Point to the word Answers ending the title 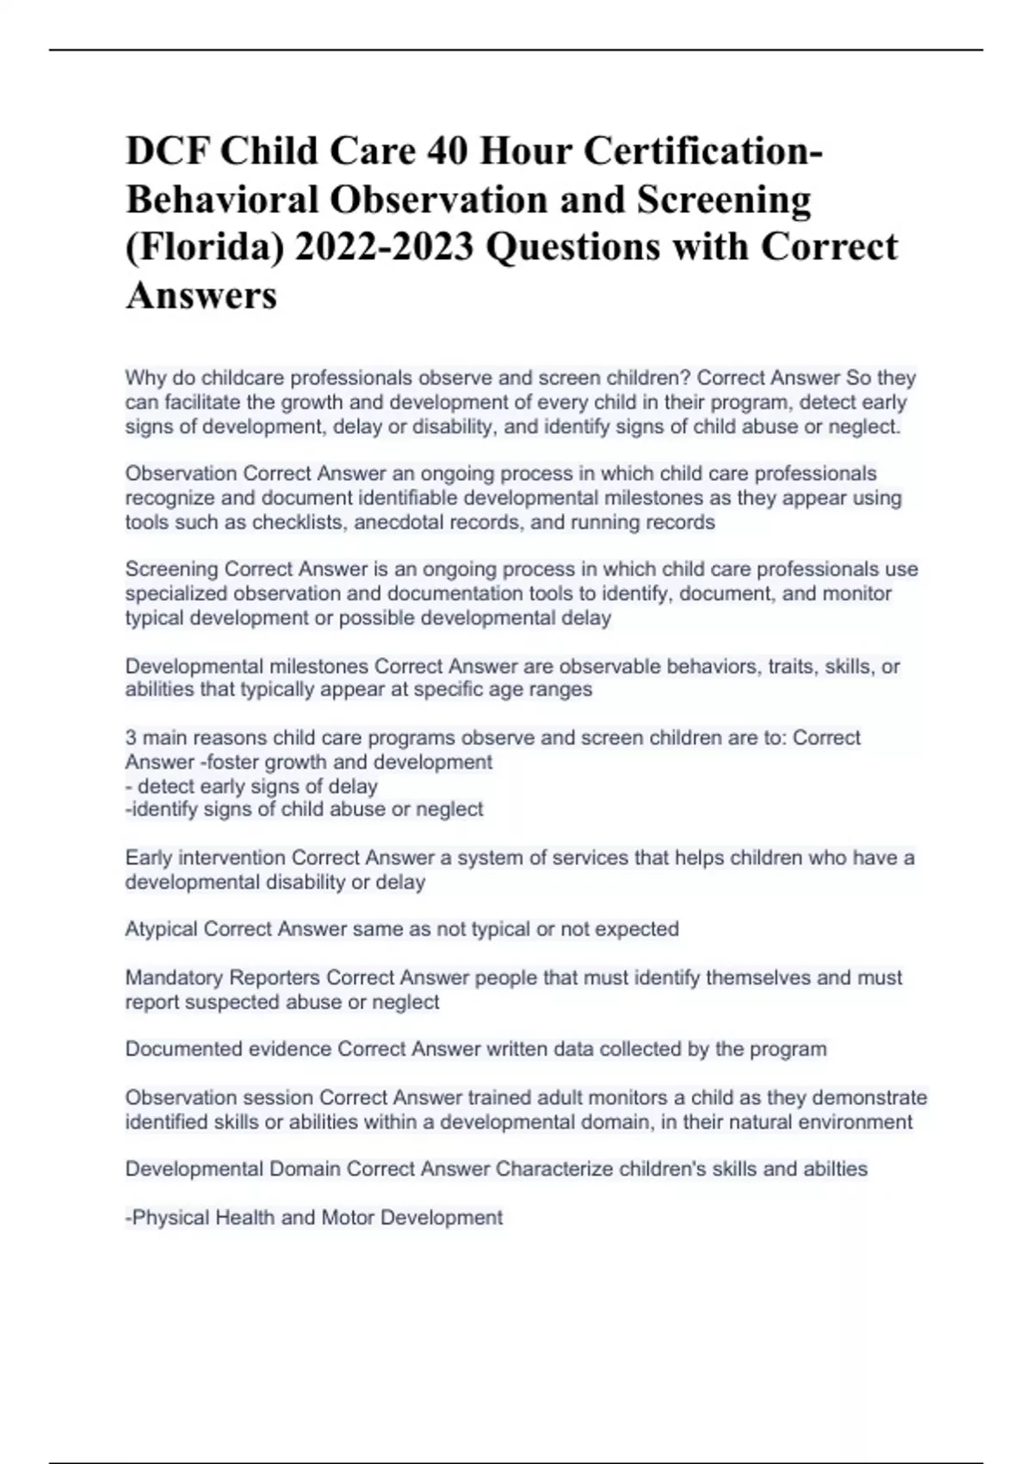(201, 295)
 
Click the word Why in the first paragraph (144, 378)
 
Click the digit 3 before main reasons (131, 738)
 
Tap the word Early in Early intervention (148, 858)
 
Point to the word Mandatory (171, 977)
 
